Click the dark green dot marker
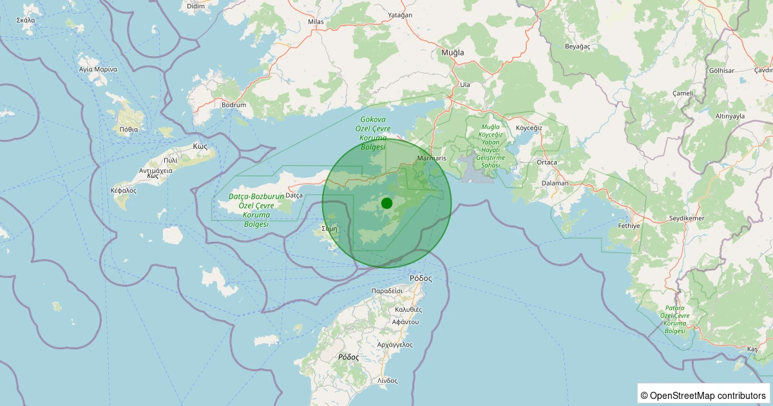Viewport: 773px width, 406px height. (386, 203)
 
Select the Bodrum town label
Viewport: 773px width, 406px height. (234, 104)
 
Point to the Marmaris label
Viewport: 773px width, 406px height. (432, 158)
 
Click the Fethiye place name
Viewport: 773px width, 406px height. (629, 226)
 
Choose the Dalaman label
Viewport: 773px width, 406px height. (555, 183)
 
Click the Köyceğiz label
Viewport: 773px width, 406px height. (530, 128)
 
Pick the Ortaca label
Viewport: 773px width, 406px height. (546, 162)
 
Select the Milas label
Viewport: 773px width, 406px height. (316, 21)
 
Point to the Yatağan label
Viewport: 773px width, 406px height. (400, 15)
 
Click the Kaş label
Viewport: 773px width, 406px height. (752, 349)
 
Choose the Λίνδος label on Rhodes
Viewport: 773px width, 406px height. (387, 380)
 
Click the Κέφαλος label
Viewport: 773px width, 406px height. (123, 191)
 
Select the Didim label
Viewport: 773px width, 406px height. (195, 6)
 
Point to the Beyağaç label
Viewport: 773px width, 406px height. (577, 46)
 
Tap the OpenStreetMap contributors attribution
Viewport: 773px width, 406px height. (703, 395)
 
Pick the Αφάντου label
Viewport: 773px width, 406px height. (406, 321)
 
